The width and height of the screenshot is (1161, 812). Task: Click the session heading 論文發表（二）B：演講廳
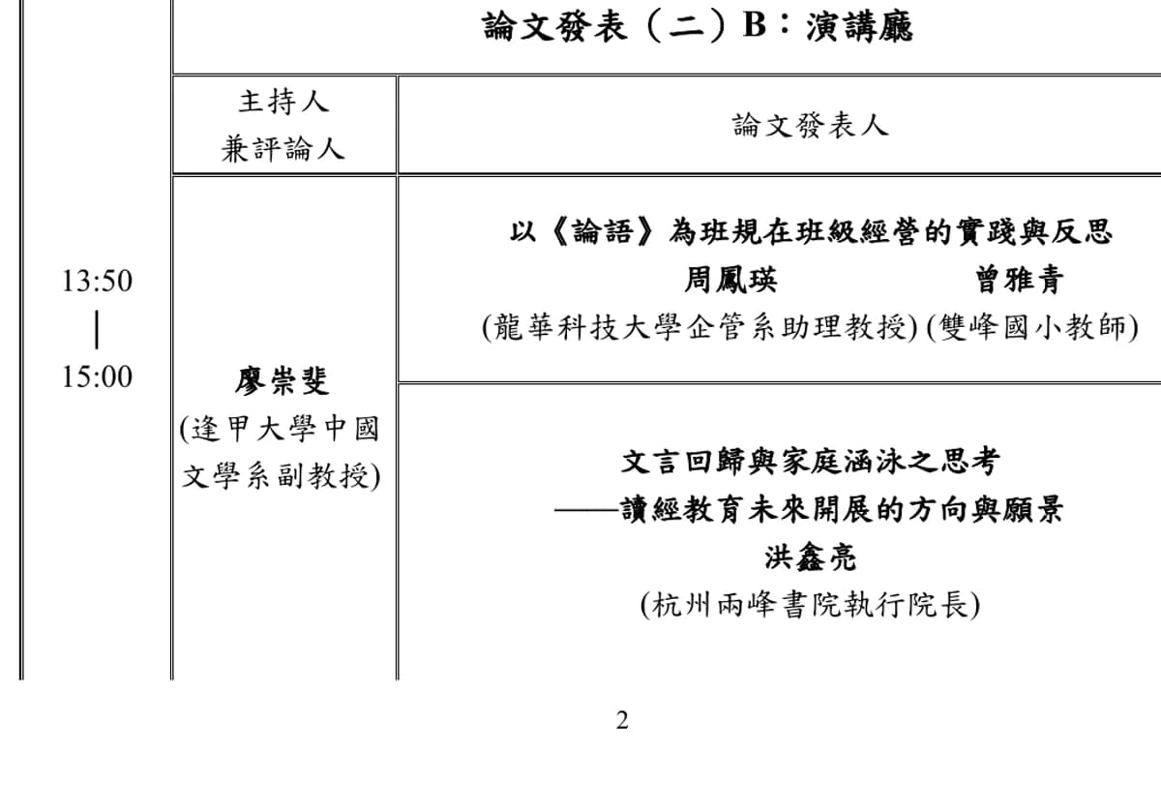698,26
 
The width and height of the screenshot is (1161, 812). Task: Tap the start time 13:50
98,281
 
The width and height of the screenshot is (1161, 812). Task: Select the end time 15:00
98,376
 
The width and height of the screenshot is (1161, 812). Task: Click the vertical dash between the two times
97,329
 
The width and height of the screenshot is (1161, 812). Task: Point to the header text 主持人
283,101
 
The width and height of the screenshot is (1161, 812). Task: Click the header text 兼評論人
283,150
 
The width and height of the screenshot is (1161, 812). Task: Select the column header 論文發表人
811,126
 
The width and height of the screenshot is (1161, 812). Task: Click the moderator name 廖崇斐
282,381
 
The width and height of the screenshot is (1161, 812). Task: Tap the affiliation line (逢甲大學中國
280,430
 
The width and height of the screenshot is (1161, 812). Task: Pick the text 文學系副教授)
282,476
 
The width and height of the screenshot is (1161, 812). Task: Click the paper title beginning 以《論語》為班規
811,231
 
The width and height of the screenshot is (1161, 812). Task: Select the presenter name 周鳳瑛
730,280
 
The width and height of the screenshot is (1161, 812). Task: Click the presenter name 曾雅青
1020,280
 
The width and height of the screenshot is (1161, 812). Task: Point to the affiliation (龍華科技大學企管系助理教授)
700,327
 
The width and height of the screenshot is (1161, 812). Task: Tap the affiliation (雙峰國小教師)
1032,327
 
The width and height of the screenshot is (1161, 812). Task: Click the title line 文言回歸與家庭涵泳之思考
811,462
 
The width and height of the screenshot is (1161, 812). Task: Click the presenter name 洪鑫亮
811,557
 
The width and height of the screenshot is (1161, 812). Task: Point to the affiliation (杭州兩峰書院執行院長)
811,605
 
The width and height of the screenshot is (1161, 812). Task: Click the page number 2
622,720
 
